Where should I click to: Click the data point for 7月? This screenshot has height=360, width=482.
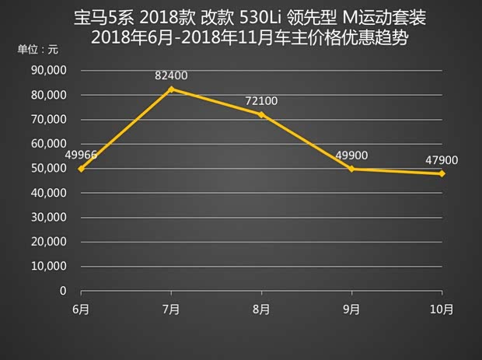point(171,89)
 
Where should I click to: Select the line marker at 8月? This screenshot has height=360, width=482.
point(261,114)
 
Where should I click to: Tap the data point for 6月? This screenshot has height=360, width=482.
point(81,169)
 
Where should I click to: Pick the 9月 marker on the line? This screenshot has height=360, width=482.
point(351,169)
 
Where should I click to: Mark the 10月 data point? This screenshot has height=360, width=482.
point(442,173)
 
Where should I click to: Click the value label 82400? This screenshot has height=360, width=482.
point(171,75)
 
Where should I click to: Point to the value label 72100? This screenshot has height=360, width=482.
point(262,101)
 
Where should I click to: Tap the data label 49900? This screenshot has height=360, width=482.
point(352,155)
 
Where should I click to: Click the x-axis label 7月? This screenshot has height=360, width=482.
point(171,309)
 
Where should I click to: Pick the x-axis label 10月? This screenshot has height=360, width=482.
point(442,309)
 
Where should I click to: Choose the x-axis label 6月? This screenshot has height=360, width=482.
point(81,309)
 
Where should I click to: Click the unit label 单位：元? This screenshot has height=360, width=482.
point(37,50)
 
